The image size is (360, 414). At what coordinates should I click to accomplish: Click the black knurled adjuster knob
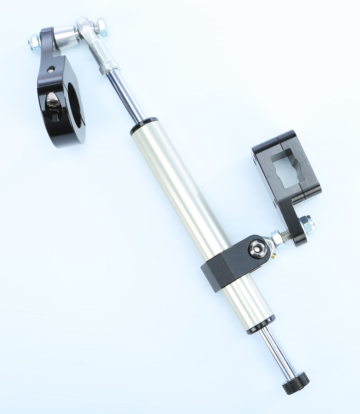click(296, 383)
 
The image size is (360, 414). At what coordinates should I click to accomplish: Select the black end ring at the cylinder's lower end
click(261, 325)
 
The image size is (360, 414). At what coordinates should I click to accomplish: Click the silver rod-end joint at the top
click(93, 41)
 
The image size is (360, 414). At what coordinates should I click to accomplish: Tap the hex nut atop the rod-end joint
click(101, 26)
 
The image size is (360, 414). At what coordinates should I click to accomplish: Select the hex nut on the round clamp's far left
click(34, 43)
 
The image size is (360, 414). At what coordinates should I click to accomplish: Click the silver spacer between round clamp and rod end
click(65, 36)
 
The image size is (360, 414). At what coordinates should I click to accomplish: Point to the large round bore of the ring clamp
click(74, 106)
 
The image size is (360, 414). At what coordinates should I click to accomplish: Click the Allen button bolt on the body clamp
click(258, 249)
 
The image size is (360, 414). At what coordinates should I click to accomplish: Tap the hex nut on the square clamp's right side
click(307, 225)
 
